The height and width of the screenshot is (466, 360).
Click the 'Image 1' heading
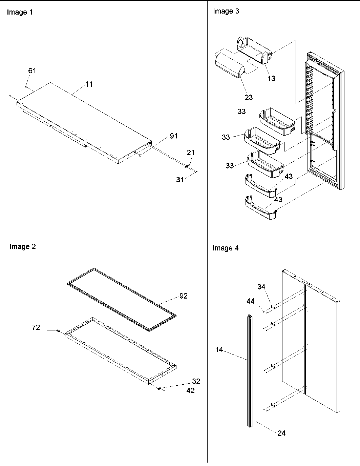[x=20, y=12]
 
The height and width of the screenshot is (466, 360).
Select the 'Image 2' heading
[x=22, y=247]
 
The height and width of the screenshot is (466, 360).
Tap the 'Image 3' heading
[x=226, y=11]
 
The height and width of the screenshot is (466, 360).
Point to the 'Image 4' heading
[x=226, y=248]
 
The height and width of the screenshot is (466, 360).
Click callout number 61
[x=32, y=70]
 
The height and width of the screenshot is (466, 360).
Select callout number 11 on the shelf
[x=89, y=84]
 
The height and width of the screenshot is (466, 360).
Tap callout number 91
[x=174, y=136]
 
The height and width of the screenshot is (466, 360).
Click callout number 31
[x=180, y=179]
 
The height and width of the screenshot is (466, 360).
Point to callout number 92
[x=183, y=296]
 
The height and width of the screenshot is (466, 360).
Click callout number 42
[x=190, y=390]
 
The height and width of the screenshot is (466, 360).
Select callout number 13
[x=271, y=78]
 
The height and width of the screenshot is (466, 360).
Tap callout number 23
[x=249, y=97]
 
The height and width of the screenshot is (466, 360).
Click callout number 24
[x=281, y=433]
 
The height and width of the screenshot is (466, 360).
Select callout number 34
[x=261, y=287]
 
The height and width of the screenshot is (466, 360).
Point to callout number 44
[x=250, y=301]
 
